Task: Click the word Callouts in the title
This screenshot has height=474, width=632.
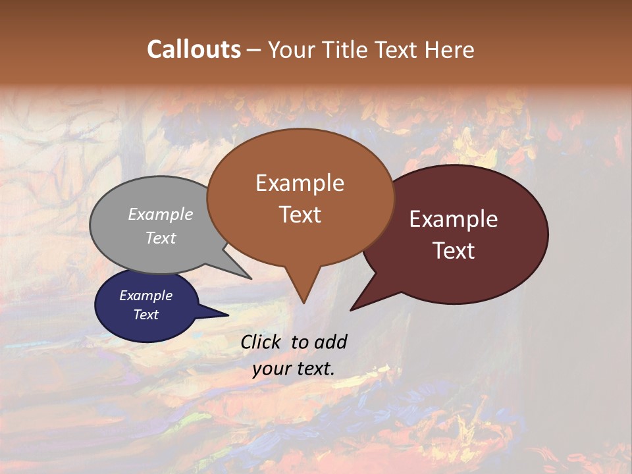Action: coord(194,49)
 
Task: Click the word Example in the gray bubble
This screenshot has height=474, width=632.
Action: coord(161,214)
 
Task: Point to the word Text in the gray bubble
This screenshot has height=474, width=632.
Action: coord(161,238)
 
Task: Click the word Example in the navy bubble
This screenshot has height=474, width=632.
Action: coord(145,296)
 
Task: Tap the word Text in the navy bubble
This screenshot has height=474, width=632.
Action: coord(145,315)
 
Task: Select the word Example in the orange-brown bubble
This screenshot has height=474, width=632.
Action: coord(300,183)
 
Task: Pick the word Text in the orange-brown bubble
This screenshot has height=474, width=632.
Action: coord(300,215)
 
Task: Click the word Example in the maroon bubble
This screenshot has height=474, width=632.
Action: coord(454,219)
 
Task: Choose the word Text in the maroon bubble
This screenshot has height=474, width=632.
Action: coord(454,251)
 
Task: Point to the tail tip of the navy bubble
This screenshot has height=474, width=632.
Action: coord(228,315)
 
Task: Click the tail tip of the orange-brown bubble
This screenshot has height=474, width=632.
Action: coord(303,303)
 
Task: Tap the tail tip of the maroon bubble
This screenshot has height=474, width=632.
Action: coord(351,310)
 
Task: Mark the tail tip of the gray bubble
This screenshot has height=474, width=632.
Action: coord(251,278)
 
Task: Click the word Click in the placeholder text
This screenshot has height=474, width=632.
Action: coord(262,342)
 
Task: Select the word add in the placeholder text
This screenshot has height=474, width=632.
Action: coord(330,342)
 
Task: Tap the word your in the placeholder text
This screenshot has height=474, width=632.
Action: coord(271,369)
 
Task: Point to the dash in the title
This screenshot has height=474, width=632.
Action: coord(255,50)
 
